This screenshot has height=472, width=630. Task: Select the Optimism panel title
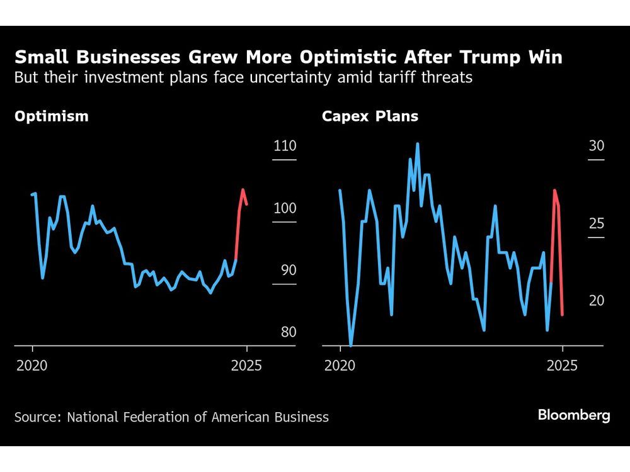click(x=52, y=116)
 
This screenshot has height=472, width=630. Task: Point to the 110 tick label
click(x=285, y=146)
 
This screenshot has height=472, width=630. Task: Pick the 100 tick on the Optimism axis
click(x=285, y=208)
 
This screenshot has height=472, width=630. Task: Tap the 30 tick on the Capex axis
click(x=596, y=146)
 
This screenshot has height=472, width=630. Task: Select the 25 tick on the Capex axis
click(x=596, y=223)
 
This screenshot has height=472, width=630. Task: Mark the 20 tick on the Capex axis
click(x=596, y=301)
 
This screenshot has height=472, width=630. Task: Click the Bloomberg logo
click(x=573, y=415)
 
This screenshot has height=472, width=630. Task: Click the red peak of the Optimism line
click(x=243, y=189)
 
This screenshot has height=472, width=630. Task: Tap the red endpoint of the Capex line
click(x=562, y=314)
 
